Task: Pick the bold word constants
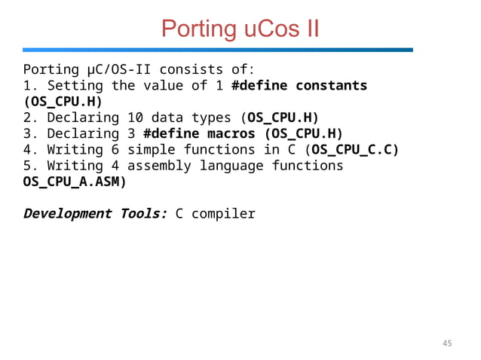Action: click(331, 85)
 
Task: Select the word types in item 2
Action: click(210, 117)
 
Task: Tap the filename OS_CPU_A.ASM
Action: click(72, 182)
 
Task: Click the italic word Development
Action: click(68, 213)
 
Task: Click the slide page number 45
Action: click(447, 343)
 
